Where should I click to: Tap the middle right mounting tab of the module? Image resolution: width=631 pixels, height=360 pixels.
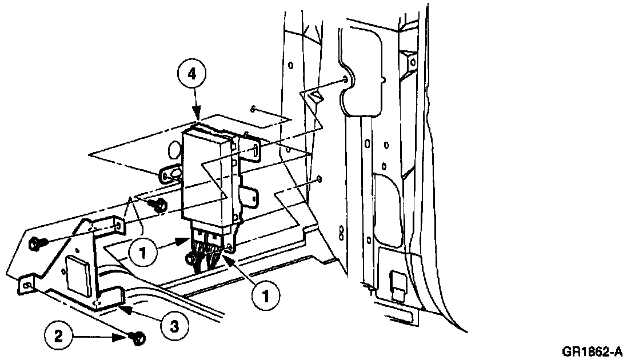point(249,196)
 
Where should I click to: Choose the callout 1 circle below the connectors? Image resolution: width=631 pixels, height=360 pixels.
point(265,295)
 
